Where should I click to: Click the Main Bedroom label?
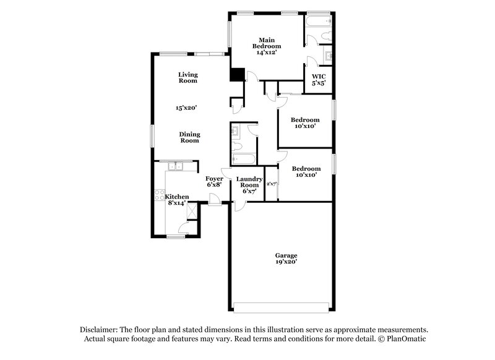[x=267, y=43]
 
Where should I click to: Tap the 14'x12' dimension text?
[x=267, y=53]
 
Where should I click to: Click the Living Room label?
[x=187, y=77]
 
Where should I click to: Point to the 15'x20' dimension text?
[x=186, y=108]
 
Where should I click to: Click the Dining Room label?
[x=189, y=137]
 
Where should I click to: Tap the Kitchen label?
[x=177, y=197]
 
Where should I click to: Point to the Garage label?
[x=286, y=255]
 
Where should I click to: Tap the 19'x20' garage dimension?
[x=286, y=262]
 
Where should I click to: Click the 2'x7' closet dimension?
[x=271, y=184]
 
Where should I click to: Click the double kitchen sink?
[x=176, y=166]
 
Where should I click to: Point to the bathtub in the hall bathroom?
[x=242, y=159]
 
